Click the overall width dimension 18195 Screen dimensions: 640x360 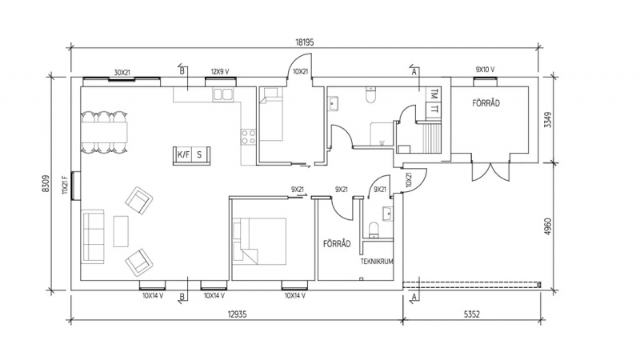[305, 42]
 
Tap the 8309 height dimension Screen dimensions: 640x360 [46, 184]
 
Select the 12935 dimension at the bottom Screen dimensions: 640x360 [237, 314]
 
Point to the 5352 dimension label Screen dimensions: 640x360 [472, 314]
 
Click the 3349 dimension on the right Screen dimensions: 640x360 [548, 120]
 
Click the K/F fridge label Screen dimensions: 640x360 [184, 154]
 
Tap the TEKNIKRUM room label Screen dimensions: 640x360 [377, 262]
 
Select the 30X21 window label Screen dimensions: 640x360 [122, 73]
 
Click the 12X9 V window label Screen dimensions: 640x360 [219, 72]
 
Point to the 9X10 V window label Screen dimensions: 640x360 [485, 70]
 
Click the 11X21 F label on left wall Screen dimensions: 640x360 [65, 185]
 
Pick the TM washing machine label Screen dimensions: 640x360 [434, 94]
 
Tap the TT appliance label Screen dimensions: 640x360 [434, 109]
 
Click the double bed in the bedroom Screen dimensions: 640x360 [259, 242]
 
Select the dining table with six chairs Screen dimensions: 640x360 [105, 132]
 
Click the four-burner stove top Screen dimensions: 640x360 [248, 137]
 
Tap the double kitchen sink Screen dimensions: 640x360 [223, 94]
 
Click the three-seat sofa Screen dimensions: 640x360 [93, 237]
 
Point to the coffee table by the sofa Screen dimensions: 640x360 [121, 231]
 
